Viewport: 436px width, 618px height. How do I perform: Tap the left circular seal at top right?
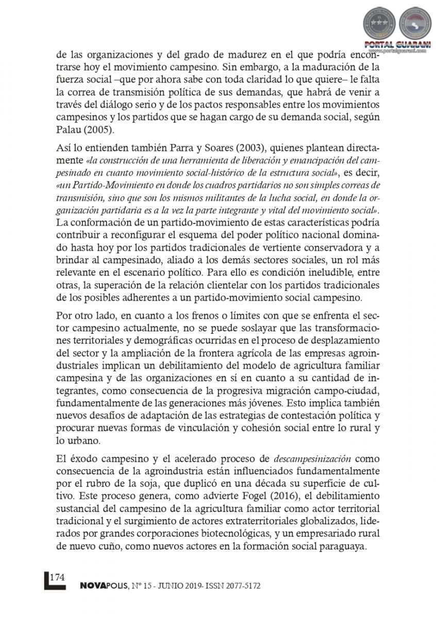click(x=379, y=23)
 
